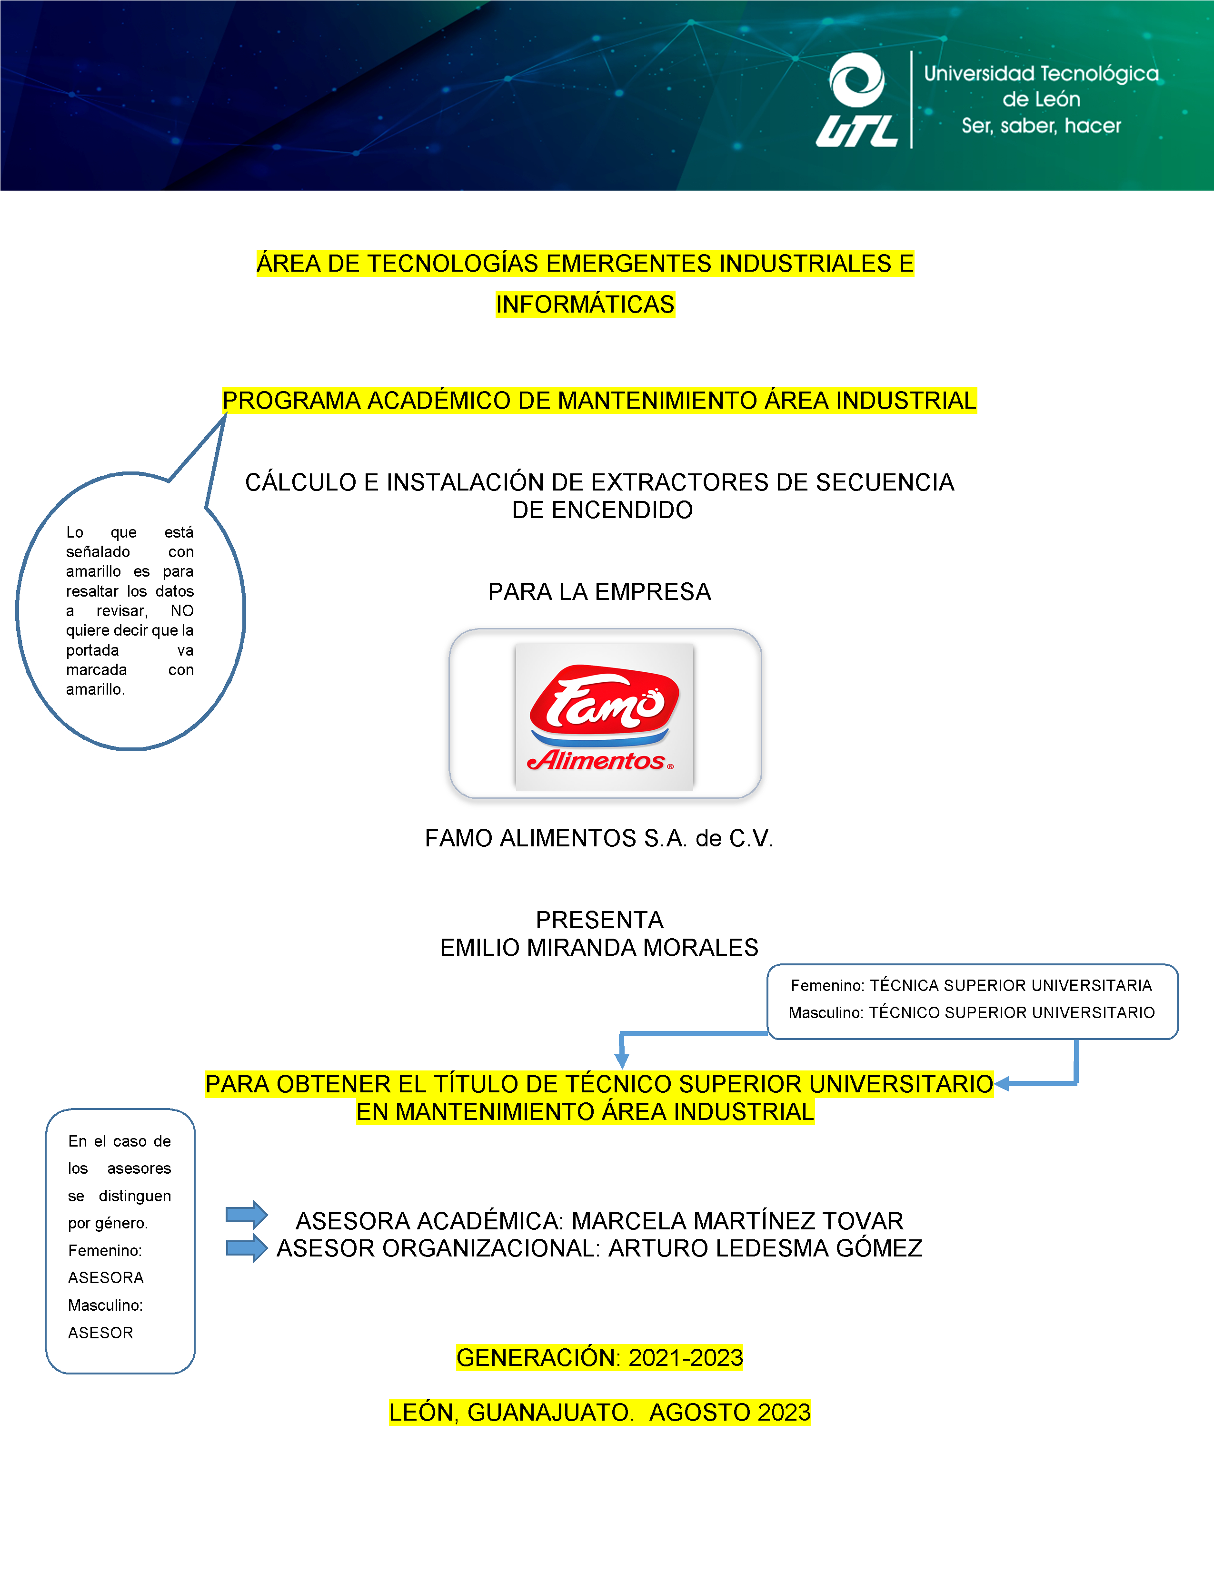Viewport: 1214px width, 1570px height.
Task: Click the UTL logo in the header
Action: tap(857, 101)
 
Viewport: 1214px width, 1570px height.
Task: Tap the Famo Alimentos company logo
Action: tap(604, 716)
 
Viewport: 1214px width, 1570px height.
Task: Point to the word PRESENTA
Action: tap(599, 920)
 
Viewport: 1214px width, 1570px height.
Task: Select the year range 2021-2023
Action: tap(686, 1358)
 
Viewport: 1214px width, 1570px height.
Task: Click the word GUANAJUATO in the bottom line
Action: tap(550, 1413)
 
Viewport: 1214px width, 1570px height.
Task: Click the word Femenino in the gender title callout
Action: tap(826, 986)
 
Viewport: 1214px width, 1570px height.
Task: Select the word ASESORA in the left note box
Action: tap(106, 1277)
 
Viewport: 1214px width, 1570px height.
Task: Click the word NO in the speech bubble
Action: tap(182, 611)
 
